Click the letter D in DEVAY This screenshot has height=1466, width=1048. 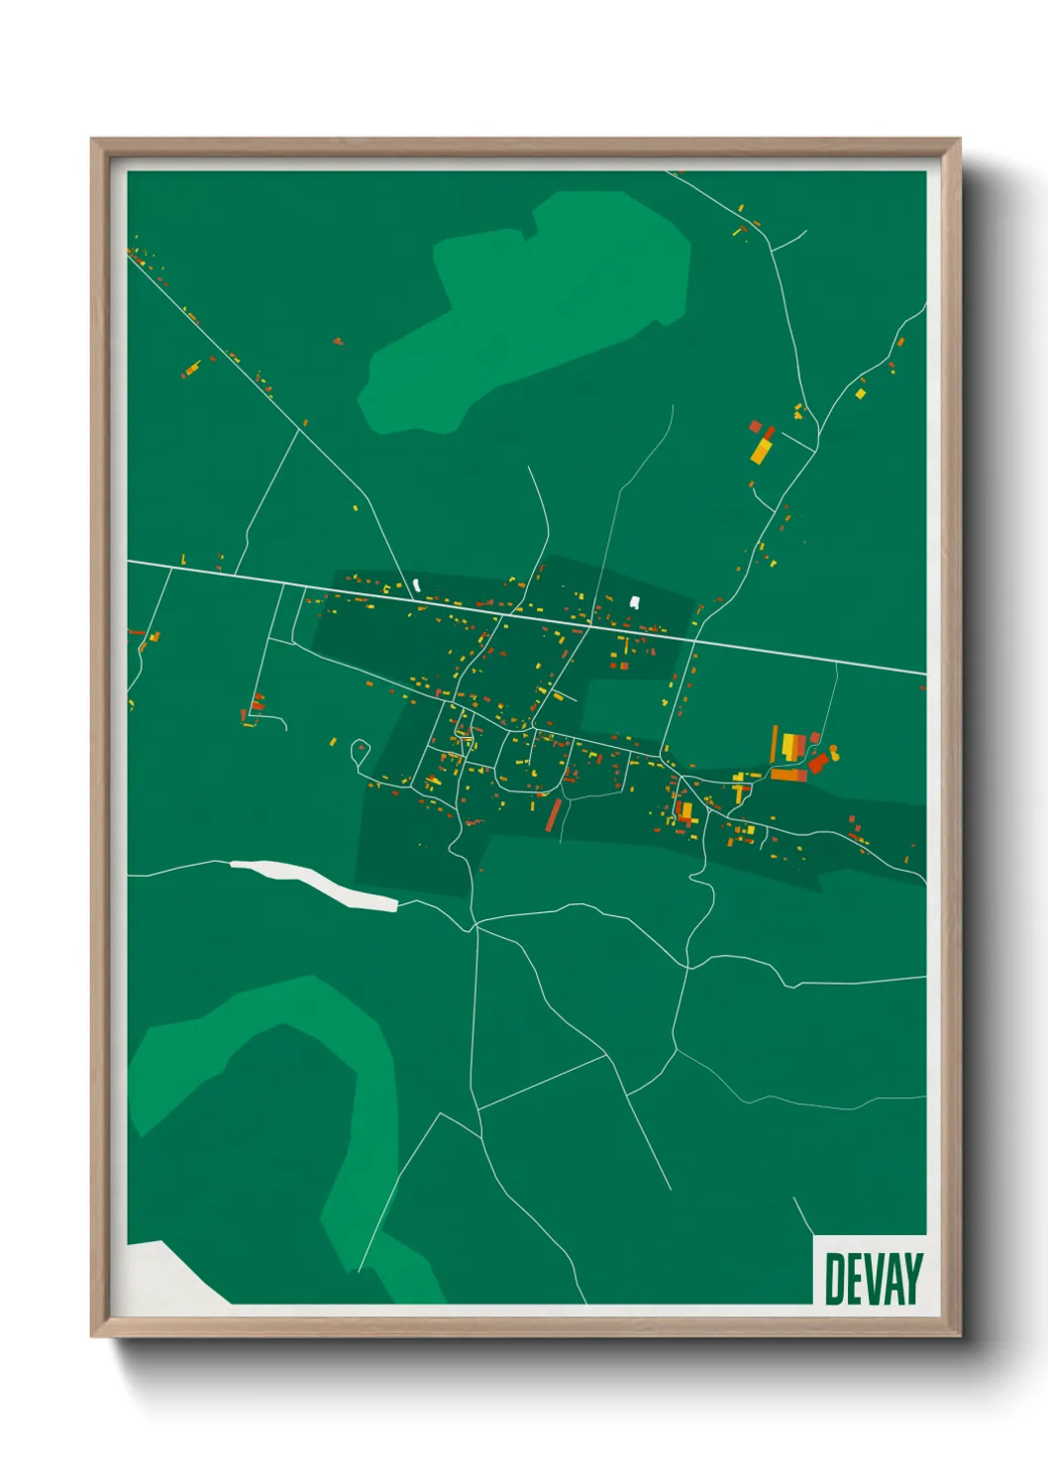(x=834, y=1279)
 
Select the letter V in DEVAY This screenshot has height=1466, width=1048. (x=873, y=1279)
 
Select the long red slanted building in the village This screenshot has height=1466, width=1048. (x=553, y=814)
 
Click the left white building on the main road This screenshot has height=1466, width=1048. (x=417, y=585)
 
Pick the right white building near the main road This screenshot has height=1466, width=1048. (x=635, y=600)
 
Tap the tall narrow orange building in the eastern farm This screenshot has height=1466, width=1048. (x=775, y=744)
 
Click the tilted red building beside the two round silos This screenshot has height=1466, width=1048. (x=818, y=763)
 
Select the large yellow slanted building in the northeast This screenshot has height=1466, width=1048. (x=761, y=450)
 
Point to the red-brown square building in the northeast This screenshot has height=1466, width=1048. (x=755, y=427)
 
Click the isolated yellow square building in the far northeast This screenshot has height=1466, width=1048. (x=860, y=393)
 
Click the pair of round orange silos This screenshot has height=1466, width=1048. (x=835, y=752)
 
